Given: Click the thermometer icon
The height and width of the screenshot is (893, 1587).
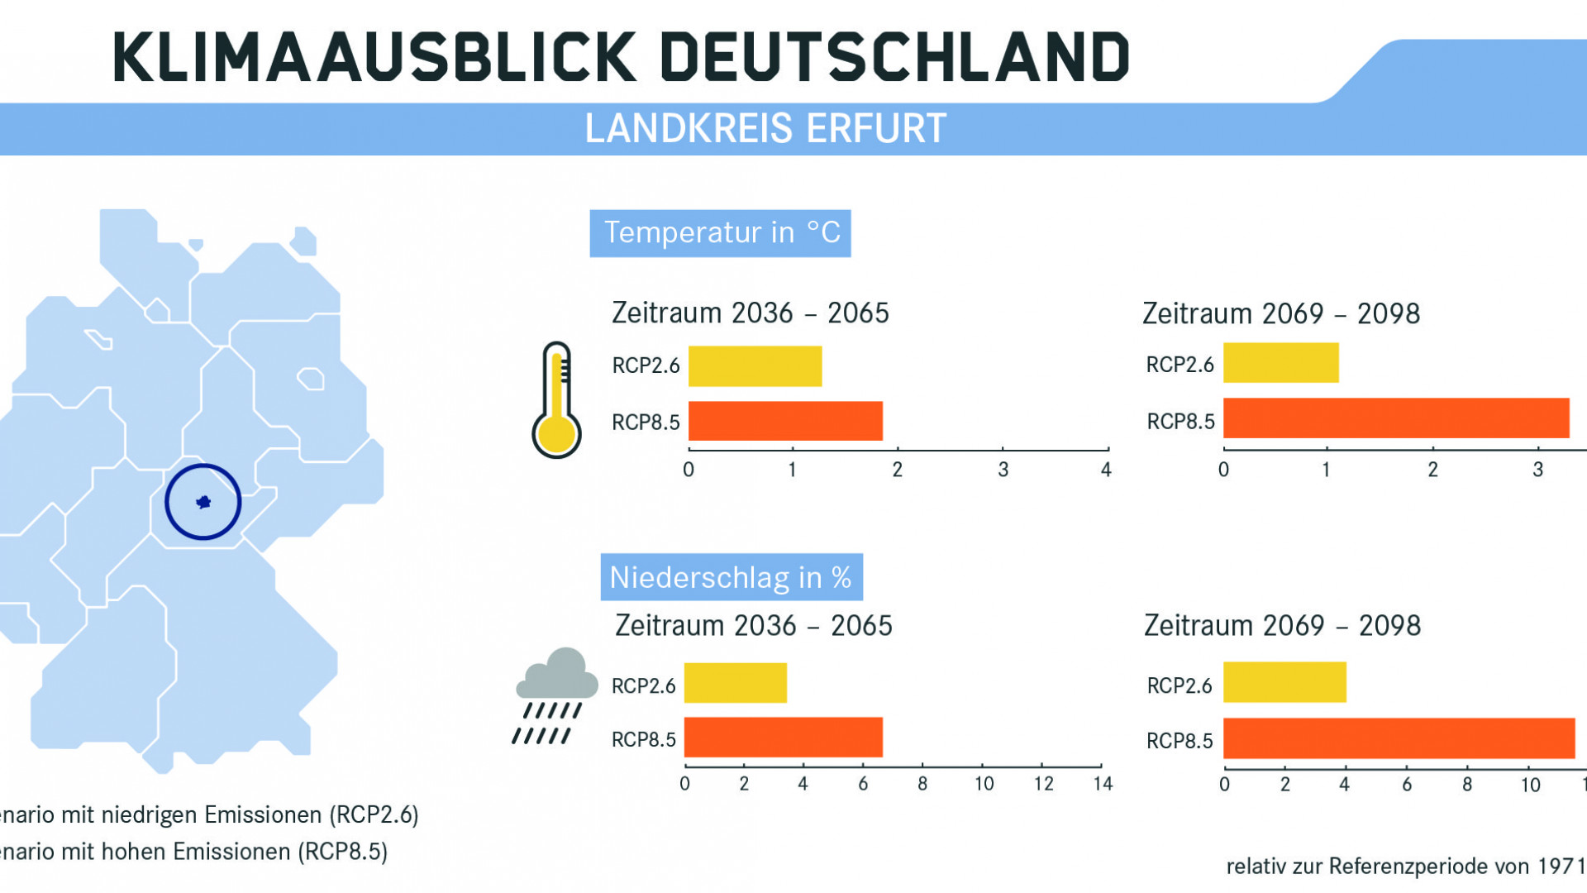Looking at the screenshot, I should pos(556,400).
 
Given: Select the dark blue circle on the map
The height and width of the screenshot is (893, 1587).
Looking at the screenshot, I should pos(203,502).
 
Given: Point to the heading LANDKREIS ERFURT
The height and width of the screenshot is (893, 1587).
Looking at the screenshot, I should pos(765,129).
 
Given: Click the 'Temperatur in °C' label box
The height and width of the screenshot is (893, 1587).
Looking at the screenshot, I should pos(720,233).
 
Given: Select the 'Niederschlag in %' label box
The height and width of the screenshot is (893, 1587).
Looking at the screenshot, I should pos(731,577).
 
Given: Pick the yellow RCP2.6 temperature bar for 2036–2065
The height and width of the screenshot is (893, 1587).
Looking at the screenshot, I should pos(755,366).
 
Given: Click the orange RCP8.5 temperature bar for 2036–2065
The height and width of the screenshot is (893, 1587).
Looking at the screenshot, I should pos(785,421).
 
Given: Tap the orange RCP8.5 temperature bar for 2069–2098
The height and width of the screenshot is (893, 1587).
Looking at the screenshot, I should pos(1395,418).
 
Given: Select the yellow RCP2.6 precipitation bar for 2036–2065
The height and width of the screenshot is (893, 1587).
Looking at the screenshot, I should pos(735,683).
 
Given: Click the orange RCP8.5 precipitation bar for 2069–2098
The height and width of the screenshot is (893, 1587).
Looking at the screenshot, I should pos(1399,738).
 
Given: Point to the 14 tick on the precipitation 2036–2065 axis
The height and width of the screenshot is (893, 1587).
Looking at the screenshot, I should pos(1103,783).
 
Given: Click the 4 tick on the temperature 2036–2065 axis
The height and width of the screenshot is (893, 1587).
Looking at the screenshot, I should pos(1106,470).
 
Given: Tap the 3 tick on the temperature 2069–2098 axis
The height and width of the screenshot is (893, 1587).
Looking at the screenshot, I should pos(1537,470).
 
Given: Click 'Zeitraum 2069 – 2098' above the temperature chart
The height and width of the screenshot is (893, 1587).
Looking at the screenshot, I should pos(1280,314).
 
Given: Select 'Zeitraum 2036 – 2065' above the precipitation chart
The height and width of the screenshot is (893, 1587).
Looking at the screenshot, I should pos(753,626).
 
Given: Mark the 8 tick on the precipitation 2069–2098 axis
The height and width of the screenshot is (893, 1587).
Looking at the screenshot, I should pos(1466,784).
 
